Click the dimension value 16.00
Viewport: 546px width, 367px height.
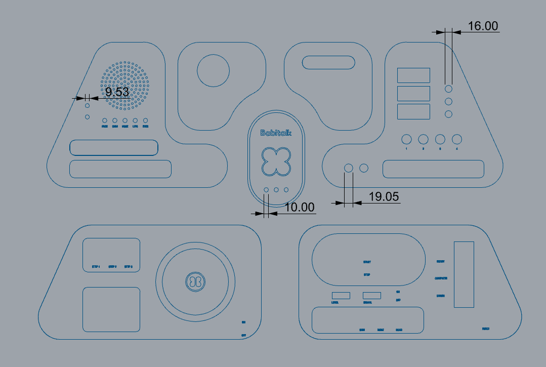(483, 26)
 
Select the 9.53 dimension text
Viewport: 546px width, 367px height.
(117, 92)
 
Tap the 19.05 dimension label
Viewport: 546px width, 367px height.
(384, 197)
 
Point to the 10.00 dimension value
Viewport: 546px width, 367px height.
(299, 207)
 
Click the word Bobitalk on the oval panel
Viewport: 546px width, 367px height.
(276, 133)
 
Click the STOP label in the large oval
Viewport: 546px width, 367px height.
(367, 275)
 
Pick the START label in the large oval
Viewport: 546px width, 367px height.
(367, 262)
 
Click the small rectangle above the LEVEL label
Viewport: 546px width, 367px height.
(341, 295)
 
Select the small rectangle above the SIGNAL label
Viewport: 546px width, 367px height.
(372, 295)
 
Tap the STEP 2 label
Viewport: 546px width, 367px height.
(112, 266)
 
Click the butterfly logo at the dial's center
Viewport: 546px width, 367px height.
(195, 281)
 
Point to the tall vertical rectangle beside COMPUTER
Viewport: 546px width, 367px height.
(464, 274)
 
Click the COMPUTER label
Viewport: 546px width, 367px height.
(441, 278)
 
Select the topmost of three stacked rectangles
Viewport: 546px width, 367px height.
(413, 75)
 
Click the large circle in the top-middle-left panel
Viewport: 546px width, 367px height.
(213, 70)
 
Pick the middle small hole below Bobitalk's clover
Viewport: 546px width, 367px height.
(276, 190)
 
